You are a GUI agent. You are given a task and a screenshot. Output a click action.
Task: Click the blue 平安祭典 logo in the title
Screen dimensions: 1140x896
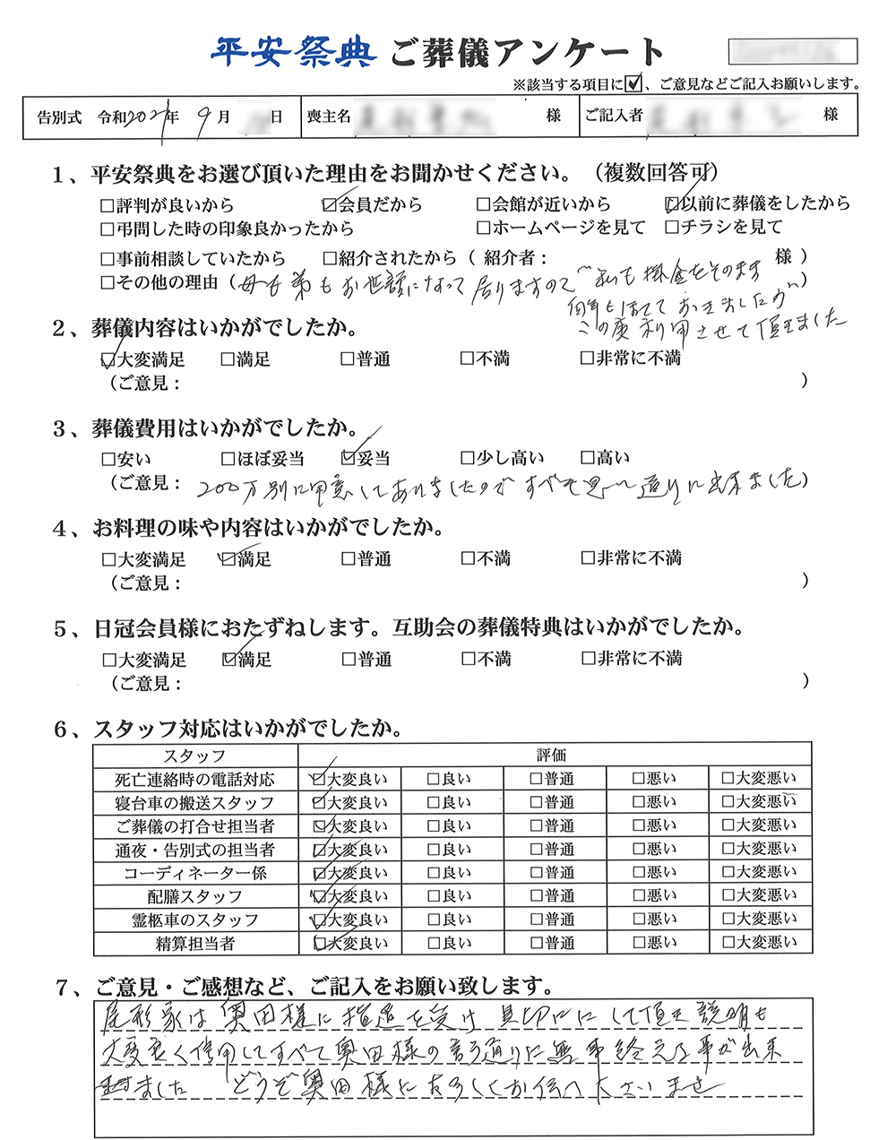point(292,52)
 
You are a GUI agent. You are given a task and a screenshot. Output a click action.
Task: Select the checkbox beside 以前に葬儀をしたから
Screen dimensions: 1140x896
point(672,204)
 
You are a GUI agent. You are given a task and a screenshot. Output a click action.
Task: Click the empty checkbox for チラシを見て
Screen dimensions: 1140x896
point(672,228)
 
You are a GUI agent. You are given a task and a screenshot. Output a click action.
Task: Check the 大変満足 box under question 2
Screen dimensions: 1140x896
point(109,359)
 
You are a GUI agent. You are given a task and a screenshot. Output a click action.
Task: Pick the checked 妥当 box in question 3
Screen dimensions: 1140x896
point(349,458)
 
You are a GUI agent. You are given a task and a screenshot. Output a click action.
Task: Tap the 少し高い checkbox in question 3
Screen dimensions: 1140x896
point(468,458)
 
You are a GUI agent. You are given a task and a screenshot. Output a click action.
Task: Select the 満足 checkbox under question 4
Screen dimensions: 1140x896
point(228,559)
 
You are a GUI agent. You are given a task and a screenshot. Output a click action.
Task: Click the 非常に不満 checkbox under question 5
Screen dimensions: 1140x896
point(587,659)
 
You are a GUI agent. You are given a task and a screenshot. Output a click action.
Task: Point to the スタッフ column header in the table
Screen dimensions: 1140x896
point(194,756)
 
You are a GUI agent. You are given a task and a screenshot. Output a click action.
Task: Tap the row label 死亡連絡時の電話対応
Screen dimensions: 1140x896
point(194,780)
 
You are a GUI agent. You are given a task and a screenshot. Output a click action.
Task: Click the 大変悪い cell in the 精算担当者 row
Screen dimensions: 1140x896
point(759,943)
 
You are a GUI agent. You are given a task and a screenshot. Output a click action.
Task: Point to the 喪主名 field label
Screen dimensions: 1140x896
point(328,117)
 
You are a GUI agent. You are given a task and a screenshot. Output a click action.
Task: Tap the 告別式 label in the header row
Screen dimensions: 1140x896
point(59,117)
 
